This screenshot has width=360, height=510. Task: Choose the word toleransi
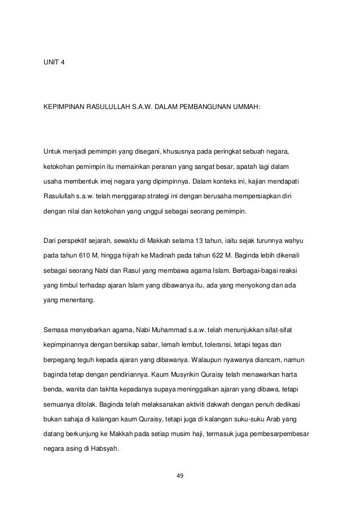click(x=210, y=345)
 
